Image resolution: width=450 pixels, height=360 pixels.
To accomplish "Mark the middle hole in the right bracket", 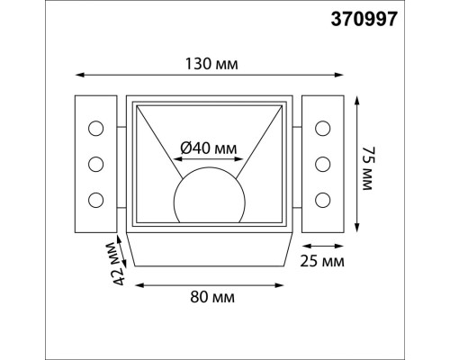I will (321, 164).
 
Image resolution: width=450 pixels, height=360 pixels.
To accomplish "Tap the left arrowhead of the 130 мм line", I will (76, 75).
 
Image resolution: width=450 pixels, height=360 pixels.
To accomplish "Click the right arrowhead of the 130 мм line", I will (341, 75).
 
